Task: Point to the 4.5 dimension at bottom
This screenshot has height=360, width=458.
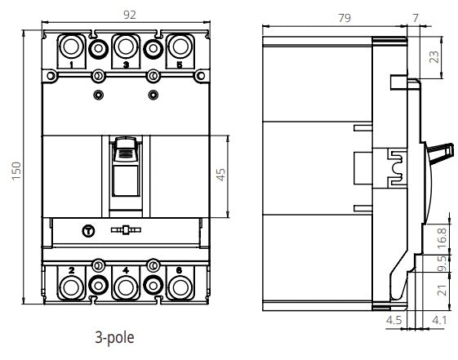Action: click(394, 321)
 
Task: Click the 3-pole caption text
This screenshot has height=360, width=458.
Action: click(115, 336)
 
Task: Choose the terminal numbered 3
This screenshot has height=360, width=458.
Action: click(125, 47)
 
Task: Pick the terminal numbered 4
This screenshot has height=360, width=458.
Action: click(125, 287)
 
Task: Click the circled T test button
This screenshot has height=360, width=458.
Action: click(89, 231)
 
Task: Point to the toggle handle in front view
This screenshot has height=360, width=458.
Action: click(125, 159)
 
